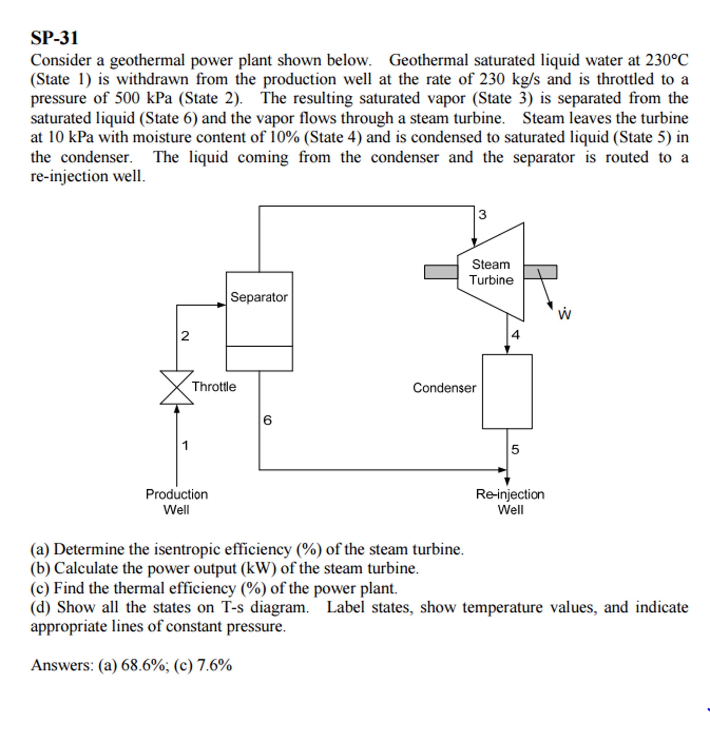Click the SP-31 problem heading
[x=54, y=38]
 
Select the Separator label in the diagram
[x=259, y=297]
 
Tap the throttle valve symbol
[x=177, y=388]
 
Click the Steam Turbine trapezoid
[x=491, y=272]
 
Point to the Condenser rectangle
[x=507, y=392]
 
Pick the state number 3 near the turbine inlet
[x=482, y=215]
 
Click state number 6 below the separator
[x=267, y=420]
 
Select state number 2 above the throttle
[x=185, y=336]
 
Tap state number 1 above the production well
[x=185, y=445]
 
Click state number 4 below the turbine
[x=515, y=335]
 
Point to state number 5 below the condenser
[x=515, y=449]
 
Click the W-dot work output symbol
[x=564, y=314]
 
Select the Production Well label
[x=177, y=502]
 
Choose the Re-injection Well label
[x=510, y=502]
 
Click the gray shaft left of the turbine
[x=441, y=272]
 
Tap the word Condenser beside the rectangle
[x=444, y=388]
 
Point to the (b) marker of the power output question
[x=40, y=568]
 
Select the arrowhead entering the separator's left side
[x=222, y=305]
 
